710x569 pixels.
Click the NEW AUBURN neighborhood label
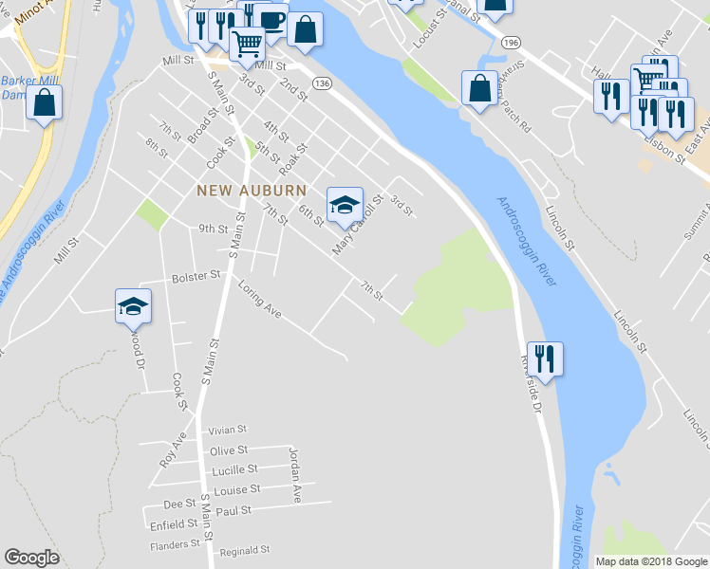click(252, 191)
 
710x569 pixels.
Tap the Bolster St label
click(196, 276)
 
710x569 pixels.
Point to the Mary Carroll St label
click(356, 226)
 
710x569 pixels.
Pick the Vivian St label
click(229, 430)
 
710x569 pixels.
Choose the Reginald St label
click(245, 550)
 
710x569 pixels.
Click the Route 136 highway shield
click(323, 84)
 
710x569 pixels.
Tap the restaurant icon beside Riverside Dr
click(545, 358)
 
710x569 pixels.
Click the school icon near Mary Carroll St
click(344, 202)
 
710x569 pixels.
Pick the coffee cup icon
click(271, 19)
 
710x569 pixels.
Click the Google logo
click(31, 558)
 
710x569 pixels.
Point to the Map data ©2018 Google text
click(651, 561)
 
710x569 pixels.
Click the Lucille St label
click(234, 470)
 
